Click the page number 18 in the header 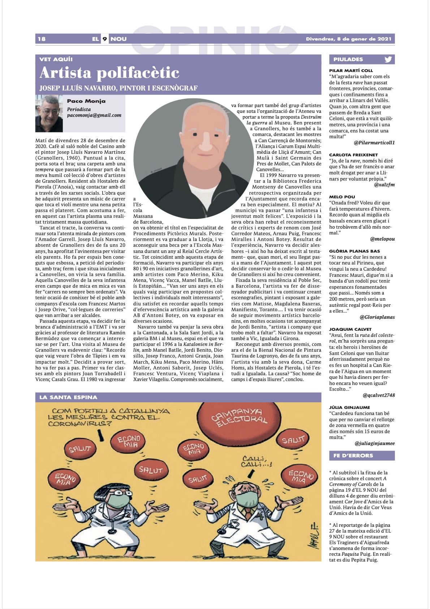(42, 39)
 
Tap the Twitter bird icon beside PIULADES (388, 59)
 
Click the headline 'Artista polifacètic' (109, 73)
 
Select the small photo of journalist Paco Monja (49, 114)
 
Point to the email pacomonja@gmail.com (94, 115)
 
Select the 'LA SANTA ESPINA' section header (68, 397)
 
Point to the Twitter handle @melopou (382, 239)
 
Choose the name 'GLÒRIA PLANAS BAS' (354, 251)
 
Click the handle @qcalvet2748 (379, 395)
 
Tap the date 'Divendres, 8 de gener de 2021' (348, 39)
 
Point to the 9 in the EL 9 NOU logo (104, 39)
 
